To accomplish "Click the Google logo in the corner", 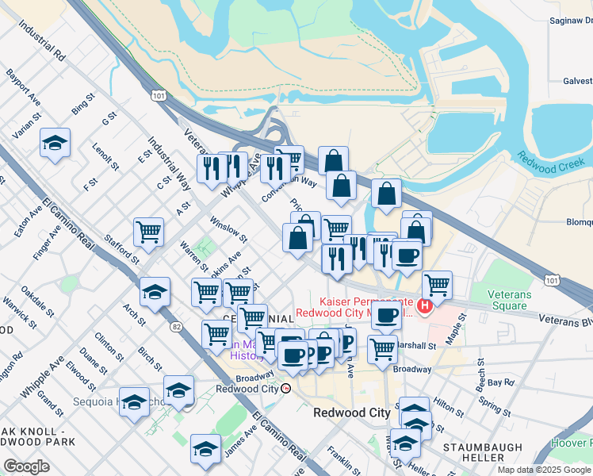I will click(x=26, y=466).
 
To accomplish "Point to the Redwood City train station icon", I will click(x=286, y=389).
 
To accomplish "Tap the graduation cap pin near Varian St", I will click(x=55, y=143).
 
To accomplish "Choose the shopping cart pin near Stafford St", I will click(x=149, y=232).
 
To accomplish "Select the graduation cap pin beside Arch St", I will click(x=155, y=291).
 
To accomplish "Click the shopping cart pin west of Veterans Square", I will click(x=437, y=284).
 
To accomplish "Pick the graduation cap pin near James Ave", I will click(x=205, y=448).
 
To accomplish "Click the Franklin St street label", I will click(x=343, y=457).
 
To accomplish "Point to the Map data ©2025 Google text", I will click(x=545, y=470).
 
